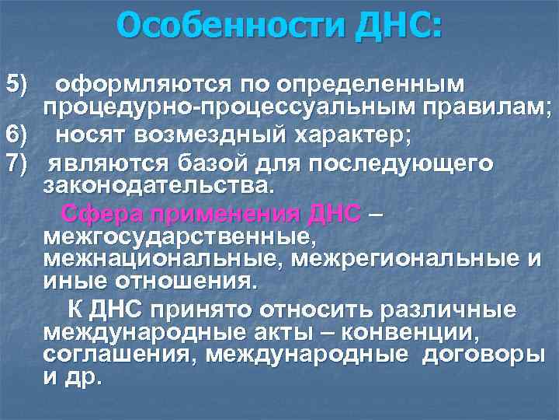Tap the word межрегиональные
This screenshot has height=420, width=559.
click(x=397, y=257)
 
